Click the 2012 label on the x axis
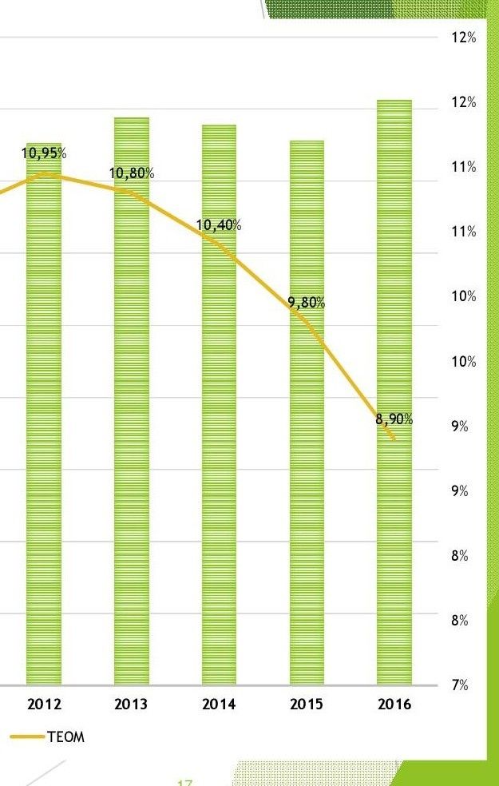44,705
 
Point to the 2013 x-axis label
131,705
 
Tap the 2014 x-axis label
219,705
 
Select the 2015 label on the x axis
307,705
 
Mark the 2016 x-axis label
394,705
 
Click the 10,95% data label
44,153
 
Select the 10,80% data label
132,173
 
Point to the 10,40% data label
219,225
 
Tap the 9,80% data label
307,303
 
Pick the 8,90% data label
394,420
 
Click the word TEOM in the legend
65,737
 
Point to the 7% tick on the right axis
458,685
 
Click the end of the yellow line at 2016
394,439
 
